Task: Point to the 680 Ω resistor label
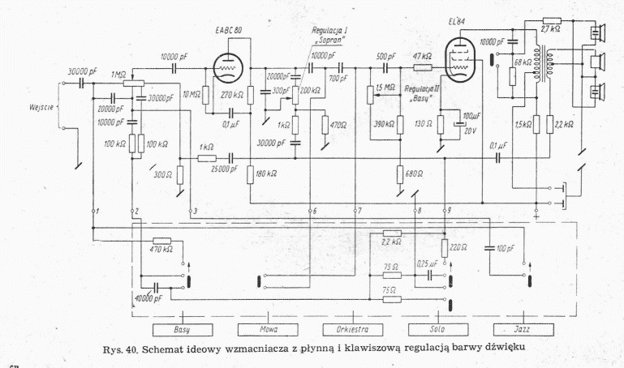coord(413,173)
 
